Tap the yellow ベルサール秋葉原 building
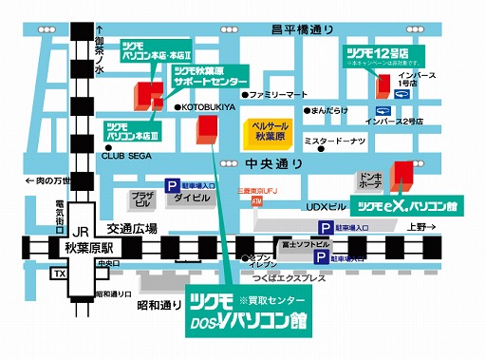(269, 132)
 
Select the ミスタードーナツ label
(334, 142)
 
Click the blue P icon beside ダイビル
(172, 187)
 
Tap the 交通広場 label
(132, 228)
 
